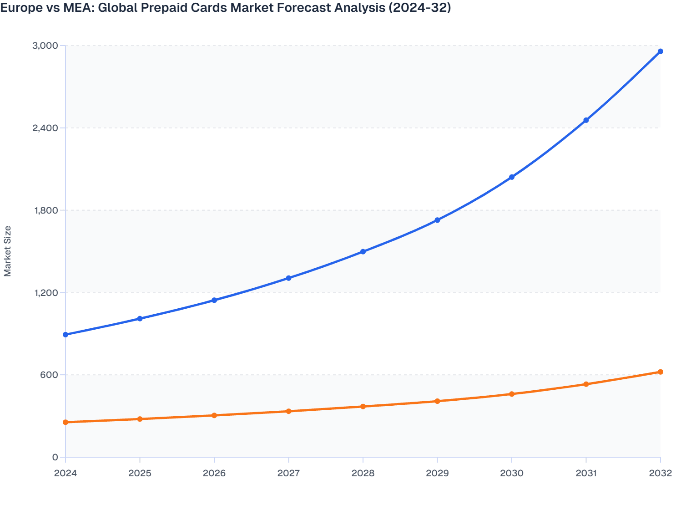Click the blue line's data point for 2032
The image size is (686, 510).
coord(660,51)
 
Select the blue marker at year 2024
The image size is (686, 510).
coord(66,335)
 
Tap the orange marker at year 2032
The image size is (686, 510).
coord(660,372)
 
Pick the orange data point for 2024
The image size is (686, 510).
coord(66,422)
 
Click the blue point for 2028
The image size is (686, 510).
coord(363,252)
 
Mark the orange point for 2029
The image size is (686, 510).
coord(437,401)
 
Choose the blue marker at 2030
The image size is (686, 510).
coord(512,177)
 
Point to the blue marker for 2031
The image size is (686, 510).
coord(586,120)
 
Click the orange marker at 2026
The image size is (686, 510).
coord(214,415)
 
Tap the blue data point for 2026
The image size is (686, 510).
coord(214,300)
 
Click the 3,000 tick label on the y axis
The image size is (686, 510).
coord(45,46)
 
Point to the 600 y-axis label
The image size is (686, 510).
coord(49,375)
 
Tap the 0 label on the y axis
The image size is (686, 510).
coord(55,457)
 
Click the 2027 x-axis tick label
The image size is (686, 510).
coord(288,473)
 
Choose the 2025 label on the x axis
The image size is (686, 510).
coord(140,473)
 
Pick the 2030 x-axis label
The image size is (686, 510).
coord(512,473)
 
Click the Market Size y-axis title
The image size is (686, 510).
coord(8,251)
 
